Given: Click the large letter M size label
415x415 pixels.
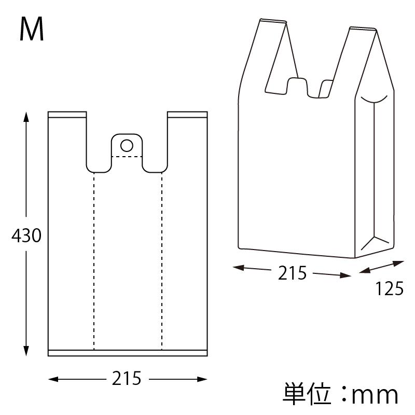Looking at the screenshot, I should tap(32, 30).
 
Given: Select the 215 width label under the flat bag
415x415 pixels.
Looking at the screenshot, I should tap(127, 379).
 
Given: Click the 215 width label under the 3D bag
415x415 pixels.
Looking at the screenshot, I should tap(293, 272).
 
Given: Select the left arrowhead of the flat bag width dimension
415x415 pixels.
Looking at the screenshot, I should tap(52, 380).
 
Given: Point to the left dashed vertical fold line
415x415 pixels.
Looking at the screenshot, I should tap(94, 259).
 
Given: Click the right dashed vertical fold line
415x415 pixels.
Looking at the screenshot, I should tap(161, 259).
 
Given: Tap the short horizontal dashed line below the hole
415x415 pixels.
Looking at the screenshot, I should tap(127, 156).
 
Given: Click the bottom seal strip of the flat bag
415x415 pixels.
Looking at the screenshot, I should tap(128, 353).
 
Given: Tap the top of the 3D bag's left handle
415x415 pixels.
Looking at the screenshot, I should tap(273, 21).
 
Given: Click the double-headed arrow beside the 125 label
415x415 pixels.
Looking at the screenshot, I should tap(381, 268).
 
